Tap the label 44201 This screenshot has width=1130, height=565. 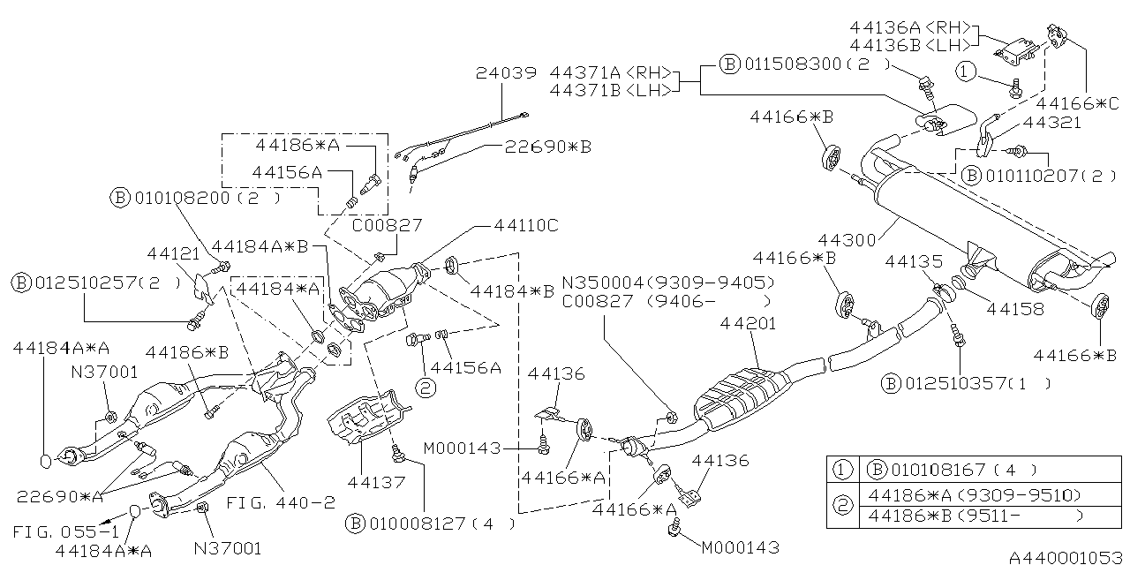pos(747,323)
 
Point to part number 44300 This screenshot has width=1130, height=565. pos(847,239)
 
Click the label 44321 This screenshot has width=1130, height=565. pos(1051,123)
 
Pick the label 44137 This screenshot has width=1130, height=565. pos(376,483)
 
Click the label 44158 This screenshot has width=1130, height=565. pos(1015,309)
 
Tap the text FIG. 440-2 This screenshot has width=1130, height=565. pos(282,503)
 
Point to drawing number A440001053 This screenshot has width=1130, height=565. pos(1066,557)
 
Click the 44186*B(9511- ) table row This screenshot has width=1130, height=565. pos(975,516)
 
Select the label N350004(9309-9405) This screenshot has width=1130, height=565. pos(668,282)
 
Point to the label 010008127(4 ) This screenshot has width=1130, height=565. pos(433,524)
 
